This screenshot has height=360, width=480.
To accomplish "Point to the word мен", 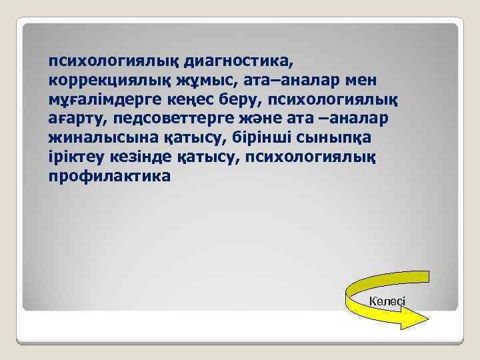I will [359, 81].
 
